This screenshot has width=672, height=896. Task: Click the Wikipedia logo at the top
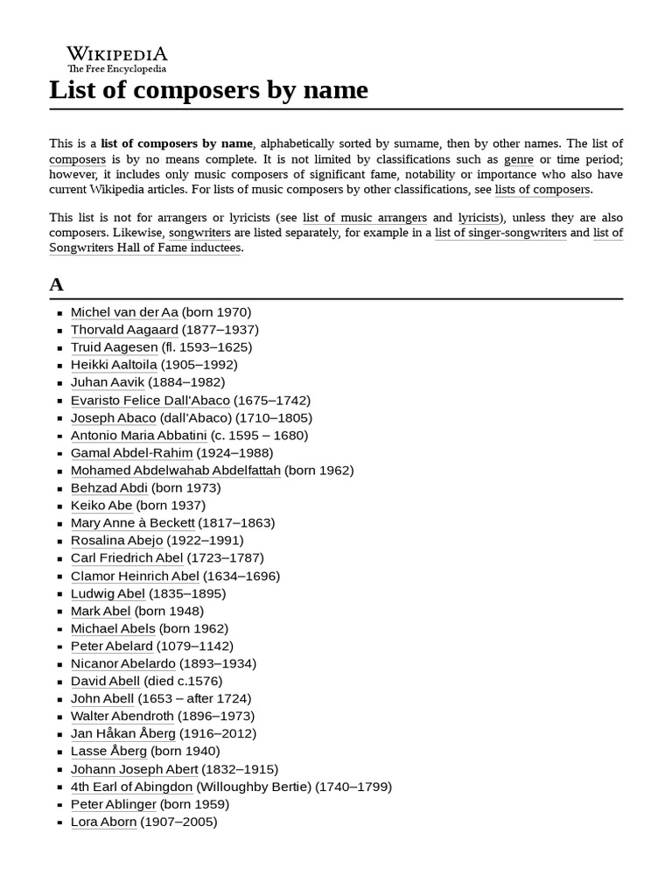(x=117, y=58)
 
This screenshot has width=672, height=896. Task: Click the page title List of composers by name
(x=208, y=90)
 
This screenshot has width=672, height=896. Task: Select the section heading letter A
(x=57, y=284)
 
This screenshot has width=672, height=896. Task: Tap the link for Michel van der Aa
(x=124, y=312)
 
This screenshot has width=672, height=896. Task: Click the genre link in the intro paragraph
(x=519, y=159)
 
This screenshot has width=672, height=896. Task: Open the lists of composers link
(x=542, y=189)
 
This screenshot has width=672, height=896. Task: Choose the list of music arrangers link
(x=365, y=218)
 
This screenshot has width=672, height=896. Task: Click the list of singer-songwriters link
(x=500, y=233)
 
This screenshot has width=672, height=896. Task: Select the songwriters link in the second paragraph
(x=199, y=233)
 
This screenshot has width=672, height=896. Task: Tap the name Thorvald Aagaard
(x=124, y=330)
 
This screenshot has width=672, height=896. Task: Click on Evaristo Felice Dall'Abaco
(x=150, y=400)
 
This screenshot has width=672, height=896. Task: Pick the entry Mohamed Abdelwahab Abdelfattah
(x=176, y=470)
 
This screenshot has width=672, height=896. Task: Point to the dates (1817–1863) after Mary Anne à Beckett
(x=236, y=522)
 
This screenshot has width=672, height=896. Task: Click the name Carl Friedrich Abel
(x=127, y=557)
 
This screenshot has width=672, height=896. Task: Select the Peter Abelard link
(x=111, y=646)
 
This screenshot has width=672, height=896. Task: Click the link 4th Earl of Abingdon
(x=131, y=787)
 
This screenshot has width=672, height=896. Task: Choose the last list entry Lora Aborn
(x=103, y=822)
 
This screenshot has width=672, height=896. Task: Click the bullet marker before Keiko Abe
(x=59, y=506)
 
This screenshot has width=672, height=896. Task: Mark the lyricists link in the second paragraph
(x=479, y=218)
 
